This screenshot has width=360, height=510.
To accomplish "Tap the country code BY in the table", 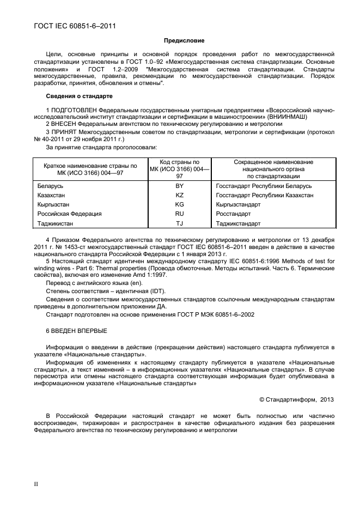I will point(179,186).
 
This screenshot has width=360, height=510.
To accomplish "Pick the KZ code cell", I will point(179,196).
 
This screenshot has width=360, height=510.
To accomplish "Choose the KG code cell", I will point(179,205).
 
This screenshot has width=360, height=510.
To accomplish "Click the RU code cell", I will point(179,214).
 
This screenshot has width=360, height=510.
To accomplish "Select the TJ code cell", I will point(179,223).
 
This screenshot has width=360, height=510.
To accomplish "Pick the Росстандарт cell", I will point(234,214).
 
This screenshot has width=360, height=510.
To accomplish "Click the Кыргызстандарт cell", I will point(239,205).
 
